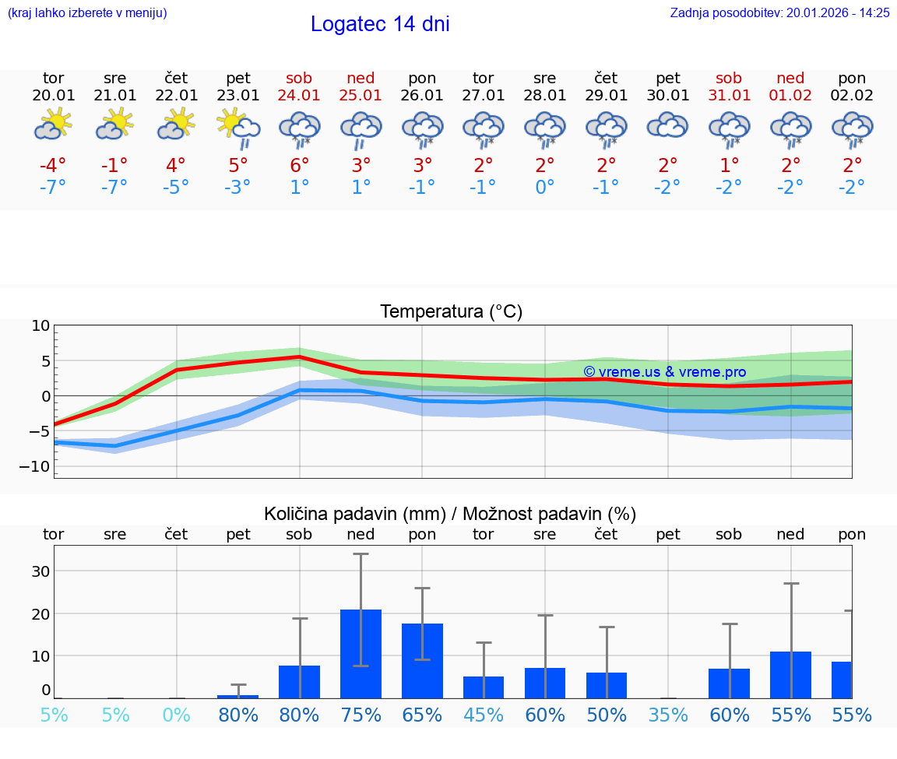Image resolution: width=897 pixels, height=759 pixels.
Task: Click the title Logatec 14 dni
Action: click(380, 24)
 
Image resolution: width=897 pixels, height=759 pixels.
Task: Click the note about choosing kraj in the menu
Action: click(86, 12)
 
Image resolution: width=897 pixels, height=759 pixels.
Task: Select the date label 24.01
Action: click(299, 96)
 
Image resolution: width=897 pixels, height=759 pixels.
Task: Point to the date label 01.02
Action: click(791, 96)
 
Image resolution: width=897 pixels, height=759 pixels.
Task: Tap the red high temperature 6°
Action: click(300, 166)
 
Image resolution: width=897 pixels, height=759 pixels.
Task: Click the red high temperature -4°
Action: click(54, 166)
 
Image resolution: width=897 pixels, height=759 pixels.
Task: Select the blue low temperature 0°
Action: click(545, 188)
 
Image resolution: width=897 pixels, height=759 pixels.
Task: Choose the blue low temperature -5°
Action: click(176, 188)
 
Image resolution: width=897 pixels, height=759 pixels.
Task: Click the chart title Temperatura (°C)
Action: click(451, 312)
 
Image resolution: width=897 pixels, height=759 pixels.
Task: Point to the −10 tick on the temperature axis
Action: click(40, 466)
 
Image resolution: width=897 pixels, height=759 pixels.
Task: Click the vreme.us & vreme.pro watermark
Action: click(664, 372)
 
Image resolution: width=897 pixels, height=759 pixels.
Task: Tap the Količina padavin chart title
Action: click(450, 514)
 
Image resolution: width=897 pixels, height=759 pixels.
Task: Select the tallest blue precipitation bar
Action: click(361, 654)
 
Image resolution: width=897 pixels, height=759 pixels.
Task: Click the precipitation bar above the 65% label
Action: click(422, 661)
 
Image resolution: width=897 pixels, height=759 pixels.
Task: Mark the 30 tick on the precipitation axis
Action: click(40, 571)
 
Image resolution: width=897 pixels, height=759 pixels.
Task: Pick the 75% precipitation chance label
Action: click(361, 715)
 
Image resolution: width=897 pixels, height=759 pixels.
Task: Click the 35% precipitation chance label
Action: click(668, 715)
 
